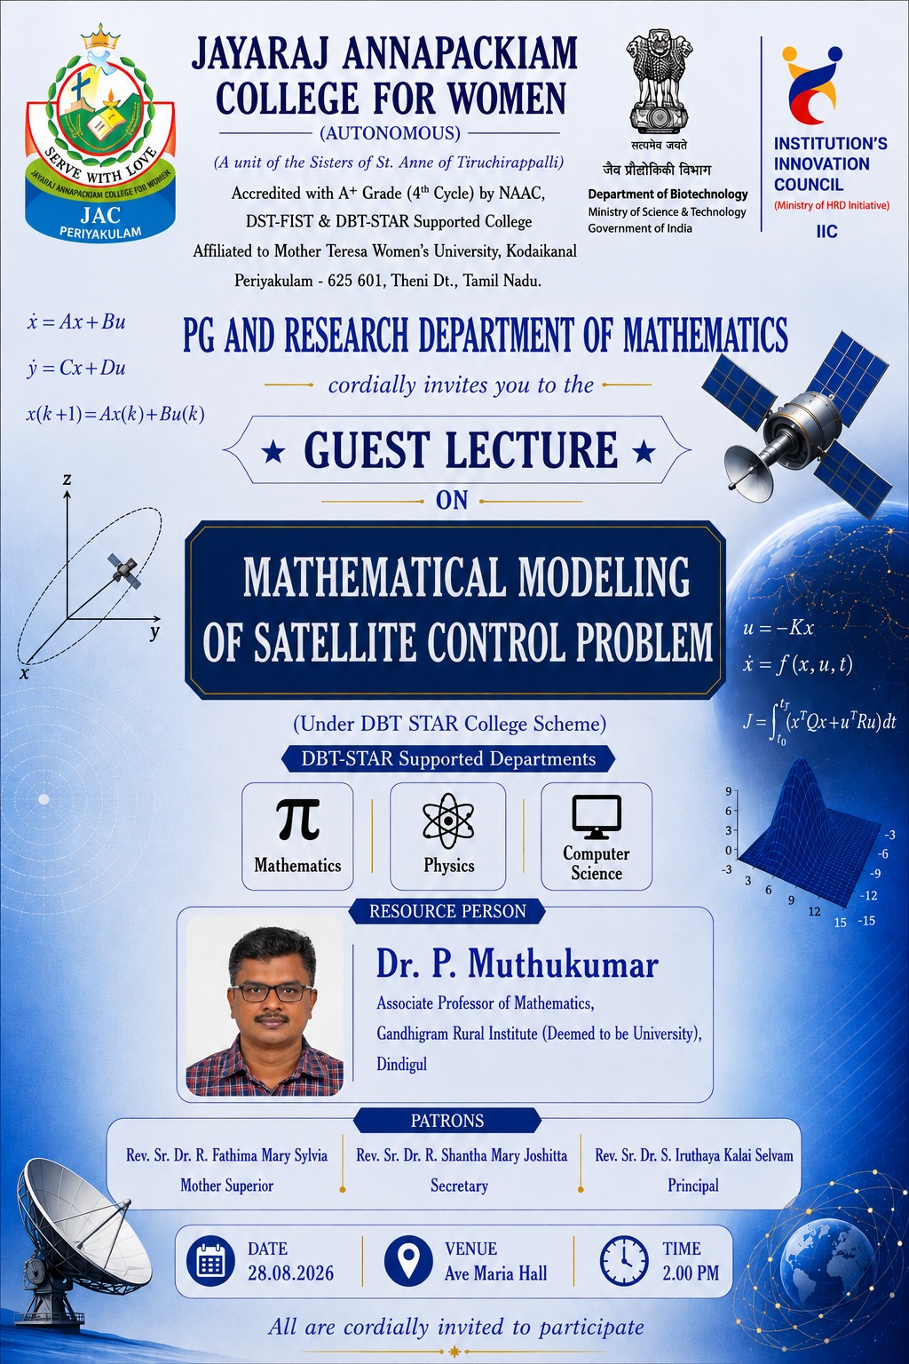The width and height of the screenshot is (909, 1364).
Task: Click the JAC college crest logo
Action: coord(100,132)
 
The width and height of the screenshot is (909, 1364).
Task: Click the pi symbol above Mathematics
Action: coord(297,819)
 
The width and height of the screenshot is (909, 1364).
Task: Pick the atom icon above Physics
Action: coord(448,821)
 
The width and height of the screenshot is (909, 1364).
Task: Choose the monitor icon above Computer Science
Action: coord(597,816)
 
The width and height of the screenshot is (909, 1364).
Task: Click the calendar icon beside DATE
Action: coord(210,1260)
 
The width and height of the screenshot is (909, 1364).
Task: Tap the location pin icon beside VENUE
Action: coord(409,1260)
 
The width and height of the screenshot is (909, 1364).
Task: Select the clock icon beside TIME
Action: coord(624,1260)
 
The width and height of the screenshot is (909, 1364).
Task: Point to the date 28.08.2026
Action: coord(291,1273)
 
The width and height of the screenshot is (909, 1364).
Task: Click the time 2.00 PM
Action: coord(691,1273)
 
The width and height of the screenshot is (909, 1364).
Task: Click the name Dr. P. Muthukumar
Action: coord(517,964)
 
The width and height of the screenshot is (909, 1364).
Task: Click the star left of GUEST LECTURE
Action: coord(273,452)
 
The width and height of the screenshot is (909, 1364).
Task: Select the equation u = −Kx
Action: coord(779,628)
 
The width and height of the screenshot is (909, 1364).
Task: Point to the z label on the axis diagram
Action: coord(67,480)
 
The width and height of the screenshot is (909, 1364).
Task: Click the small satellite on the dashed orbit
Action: coord(125,570)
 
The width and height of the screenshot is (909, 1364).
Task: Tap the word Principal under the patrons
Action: coord(693,1186)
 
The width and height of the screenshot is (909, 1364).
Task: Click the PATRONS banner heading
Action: coord(447,1121)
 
